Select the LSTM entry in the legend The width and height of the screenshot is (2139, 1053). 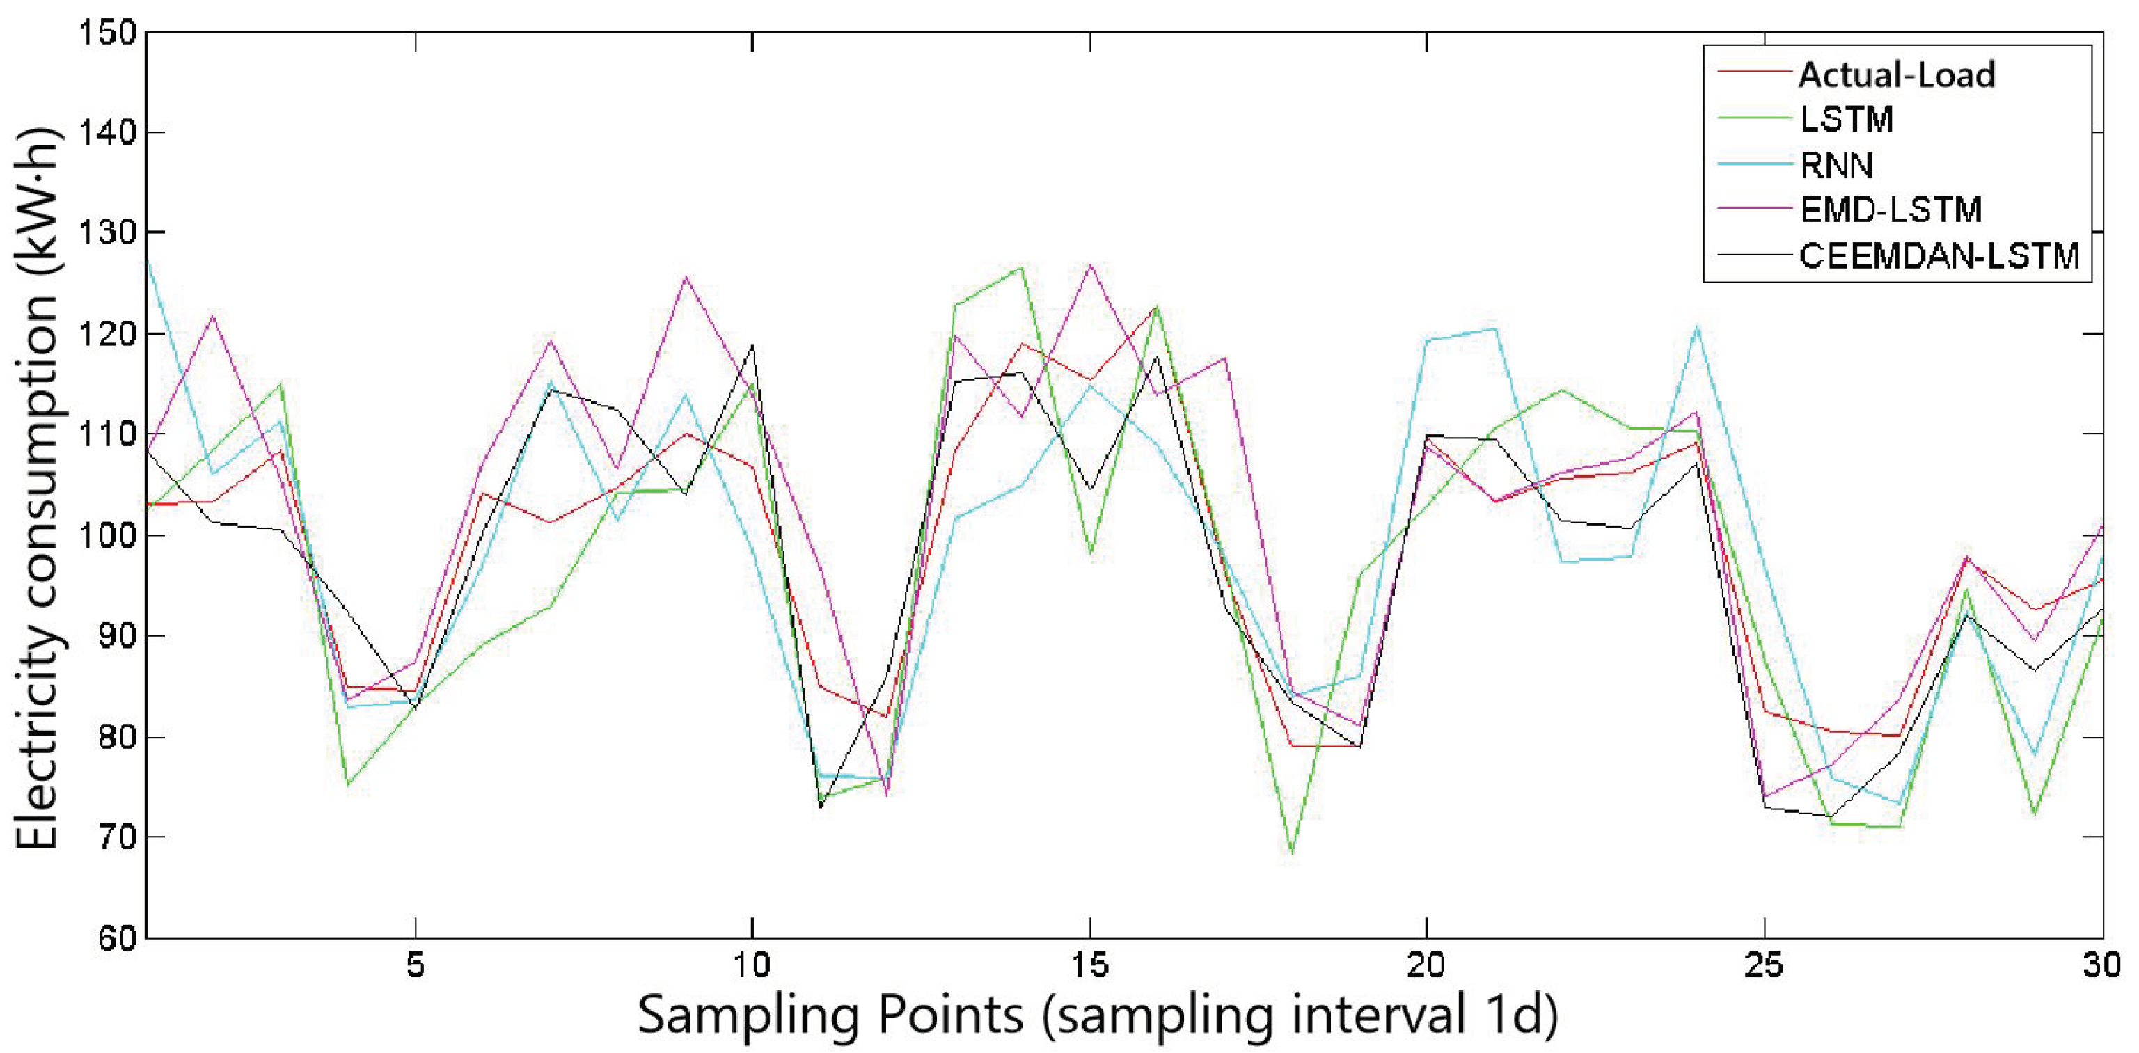[x=1846, y=120]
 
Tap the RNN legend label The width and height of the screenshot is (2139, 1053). [x=1836, y=164]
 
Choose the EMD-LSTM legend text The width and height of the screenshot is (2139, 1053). [x=1891, y=209]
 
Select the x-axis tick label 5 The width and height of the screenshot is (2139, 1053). [x=415, y=966]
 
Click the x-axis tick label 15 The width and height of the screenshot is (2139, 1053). [x=1089, y=966]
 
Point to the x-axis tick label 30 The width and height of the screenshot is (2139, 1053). [x=2101, y=966]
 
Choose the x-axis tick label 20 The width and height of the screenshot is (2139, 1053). [x=1426, y=966]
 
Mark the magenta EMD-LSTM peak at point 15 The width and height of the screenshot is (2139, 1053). [x=1089, y=266]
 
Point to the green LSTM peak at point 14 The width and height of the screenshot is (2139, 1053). [x=1023, y=268]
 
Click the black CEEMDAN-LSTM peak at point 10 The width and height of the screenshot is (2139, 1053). [x=752, y=345]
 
